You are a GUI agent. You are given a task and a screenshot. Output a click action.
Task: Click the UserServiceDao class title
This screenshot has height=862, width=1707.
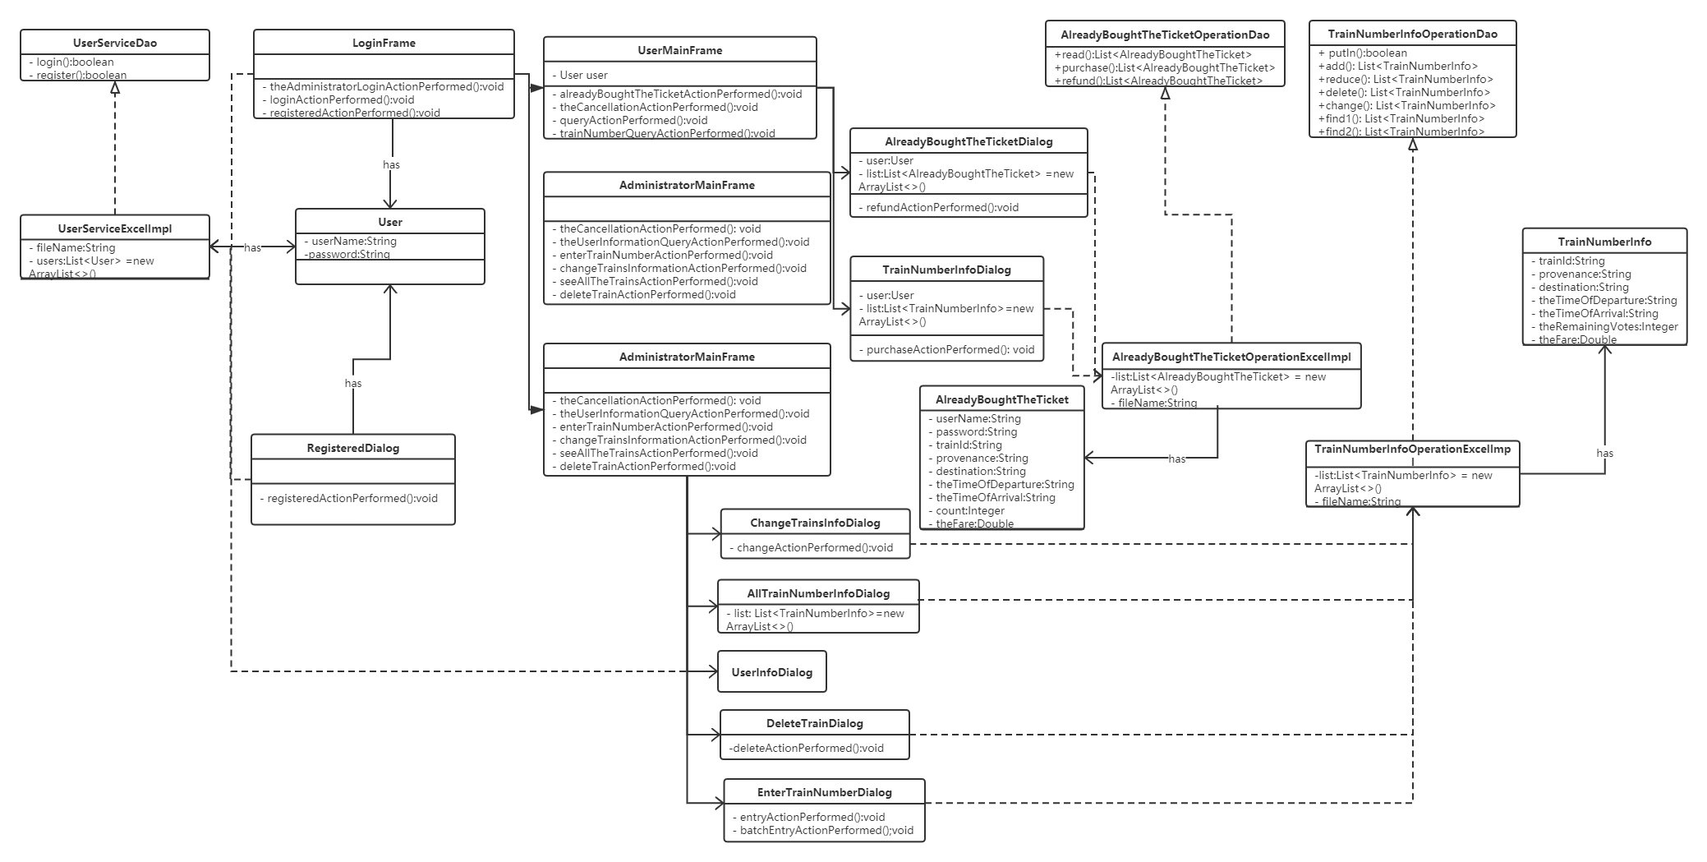[x=115, y=43]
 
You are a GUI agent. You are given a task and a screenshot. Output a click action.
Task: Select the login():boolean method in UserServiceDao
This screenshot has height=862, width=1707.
[x=75, y=62]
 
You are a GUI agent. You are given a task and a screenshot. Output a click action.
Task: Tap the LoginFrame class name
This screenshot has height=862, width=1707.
[x=384, y=43]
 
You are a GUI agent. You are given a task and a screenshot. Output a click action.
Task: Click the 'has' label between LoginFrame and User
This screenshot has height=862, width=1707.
[x=391, y=164]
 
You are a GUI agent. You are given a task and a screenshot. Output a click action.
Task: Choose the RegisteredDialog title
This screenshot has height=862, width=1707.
[x=352, y=448]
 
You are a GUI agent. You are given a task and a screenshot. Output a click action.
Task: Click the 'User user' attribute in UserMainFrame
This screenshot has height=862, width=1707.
[x=583, y=75]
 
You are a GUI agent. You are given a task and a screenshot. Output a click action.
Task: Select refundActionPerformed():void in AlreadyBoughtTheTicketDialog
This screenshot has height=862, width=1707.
[x=941, y=207]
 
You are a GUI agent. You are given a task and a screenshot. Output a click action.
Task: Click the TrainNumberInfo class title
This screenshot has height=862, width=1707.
[x=1604, y=242]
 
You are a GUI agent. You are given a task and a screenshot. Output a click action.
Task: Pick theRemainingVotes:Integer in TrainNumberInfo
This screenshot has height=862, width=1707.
[x=1608, y=326]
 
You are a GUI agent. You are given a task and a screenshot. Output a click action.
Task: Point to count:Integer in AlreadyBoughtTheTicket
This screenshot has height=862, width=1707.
[x=969, y=510]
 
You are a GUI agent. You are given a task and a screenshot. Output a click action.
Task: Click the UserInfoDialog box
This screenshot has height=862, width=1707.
[x=771, y=672]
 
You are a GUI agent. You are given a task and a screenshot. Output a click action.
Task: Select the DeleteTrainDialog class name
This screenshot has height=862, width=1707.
[x=814, y=723]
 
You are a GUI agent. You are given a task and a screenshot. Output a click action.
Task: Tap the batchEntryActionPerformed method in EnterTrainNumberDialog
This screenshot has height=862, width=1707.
[x=826, y=830]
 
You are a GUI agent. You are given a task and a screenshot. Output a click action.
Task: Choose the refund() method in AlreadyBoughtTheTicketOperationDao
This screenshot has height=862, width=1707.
[x=1158, y=81]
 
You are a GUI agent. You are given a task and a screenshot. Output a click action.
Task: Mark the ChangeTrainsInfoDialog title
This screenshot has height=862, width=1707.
[x=815, y=523]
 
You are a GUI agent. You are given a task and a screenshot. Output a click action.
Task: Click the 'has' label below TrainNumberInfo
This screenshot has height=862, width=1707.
[x=1604, y=453]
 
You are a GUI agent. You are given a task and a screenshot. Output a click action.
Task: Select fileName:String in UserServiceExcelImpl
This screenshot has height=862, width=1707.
[x=76, y=247]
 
